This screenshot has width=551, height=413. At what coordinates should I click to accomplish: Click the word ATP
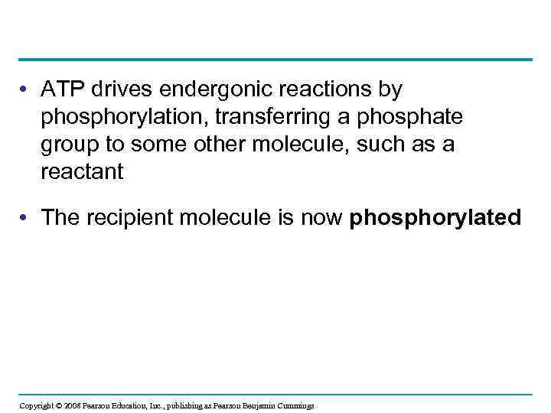64,90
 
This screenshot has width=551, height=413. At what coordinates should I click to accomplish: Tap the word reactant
82,172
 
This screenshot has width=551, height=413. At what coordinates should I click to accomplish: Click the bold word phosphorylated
435,218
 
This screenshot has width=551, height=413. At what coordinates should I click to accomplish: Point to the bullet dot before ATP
28,90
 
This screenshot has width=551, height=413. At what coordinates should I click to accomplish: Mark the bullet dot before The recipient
28,218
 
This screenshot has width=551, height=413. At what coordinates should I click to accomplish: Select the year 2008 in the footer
73,405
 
